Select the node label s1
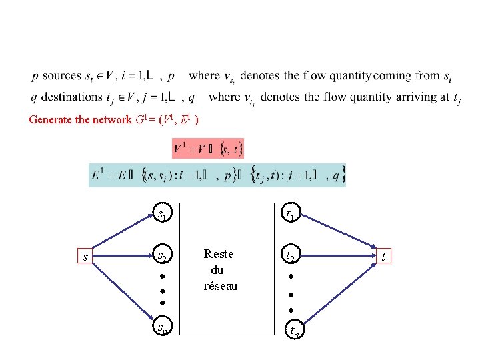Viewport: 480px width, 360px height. click(162, 215)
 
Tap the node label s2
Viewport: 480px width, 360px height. click(162, 256)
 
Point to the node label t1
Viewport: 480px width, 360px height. click(291, 215)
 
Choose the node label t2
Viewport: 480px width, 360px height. click(291, 256)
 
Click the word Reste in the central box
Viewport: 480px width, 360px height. click(219, 254)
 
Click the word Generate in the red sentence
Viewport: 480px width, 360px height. click(50, 120)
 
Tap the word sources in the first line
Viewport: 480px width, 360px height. click(61, 76)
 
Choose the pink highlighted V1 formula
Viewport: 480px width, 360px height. click(207, 148)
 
